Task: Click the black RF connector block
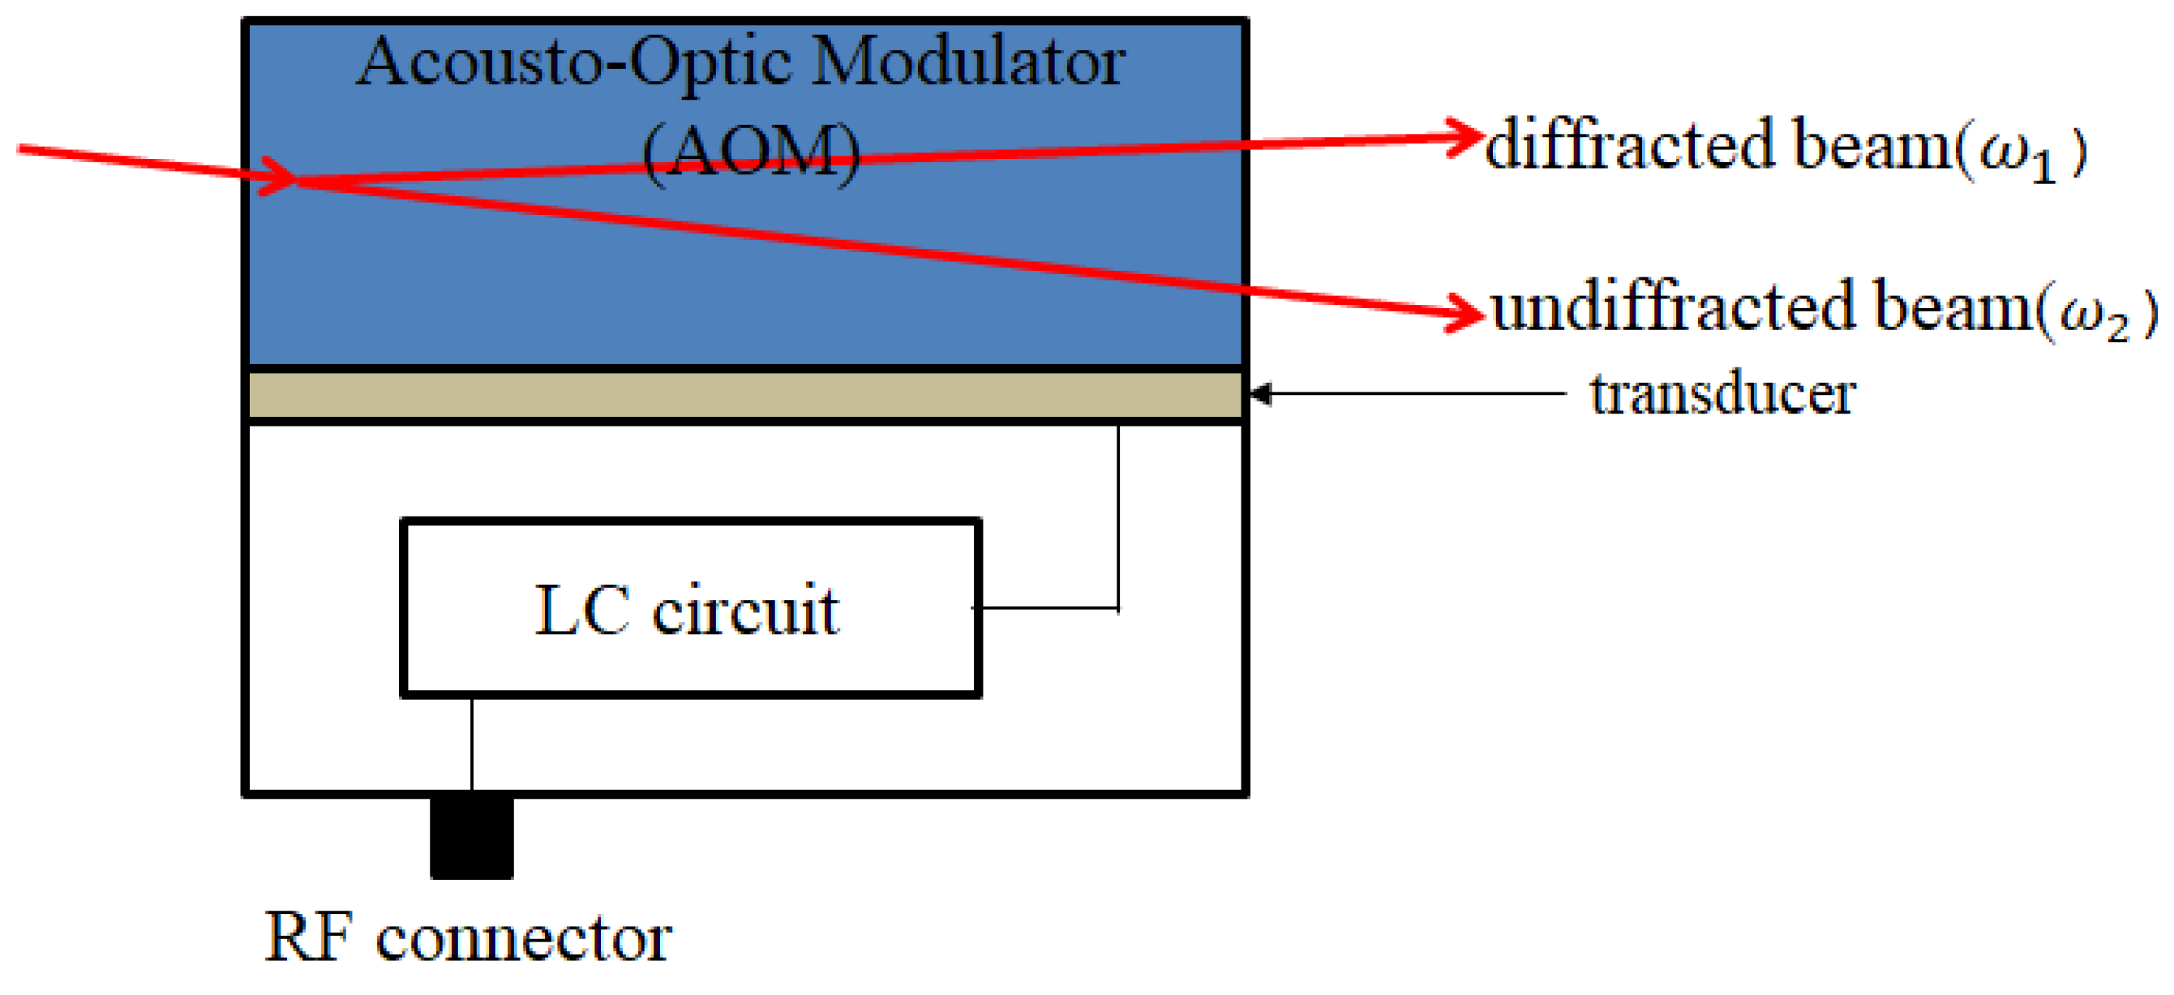[472, 837]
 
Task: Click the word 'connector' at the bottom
[523, 939]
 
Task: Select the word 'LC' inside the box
[582, 610]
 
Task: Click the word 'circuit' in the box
[745, 610]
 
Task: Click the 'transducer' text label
[1722, 394]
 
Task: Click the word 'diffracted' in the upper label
[1629, 146]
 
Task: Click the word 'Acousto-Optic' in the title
[574, 64]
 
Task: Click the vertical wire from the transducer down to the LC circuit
[1118, 515]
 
